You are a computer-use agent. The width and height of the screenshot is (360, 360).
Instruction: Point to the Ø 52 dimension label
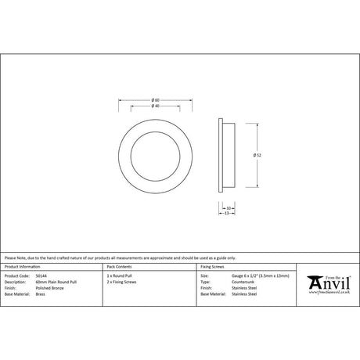point(257,155)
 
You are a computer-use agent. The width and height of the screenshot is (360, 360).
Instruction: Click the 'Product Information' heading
point(21,267)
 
